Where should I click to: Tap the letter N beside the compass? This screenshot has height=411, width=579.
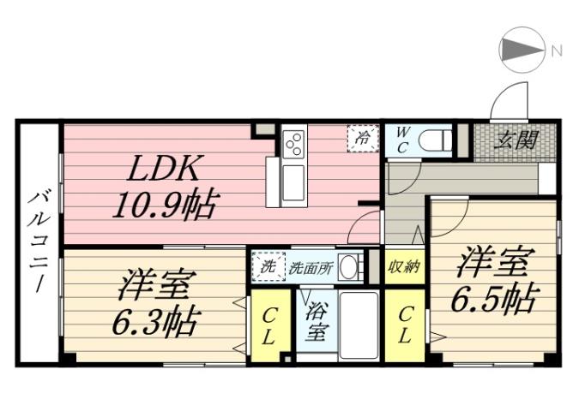click(x=556, y=51)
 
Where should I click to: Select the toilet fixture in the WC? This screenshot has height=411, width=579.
click(x=437, y=139)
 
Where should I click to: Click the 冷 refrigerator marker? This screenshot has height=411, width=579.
click(x=363, y=137)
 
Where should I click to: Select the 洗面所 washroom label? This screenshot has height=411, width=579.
click(x=306, y=266)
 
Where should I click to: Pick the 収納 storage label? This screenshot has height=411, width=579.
click(x=403, y=266)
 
